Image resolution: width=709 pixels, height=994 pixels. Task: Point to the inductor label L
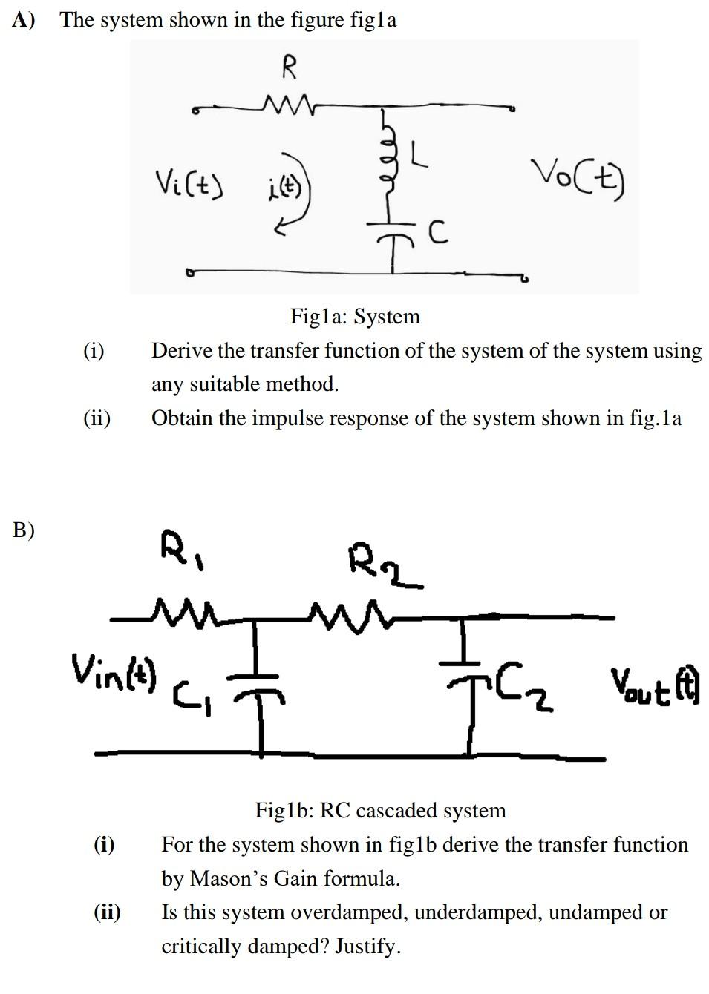click(x=419, y=155)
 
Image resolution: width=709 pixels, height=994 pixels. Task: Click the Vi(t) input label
click(x=190, y=181)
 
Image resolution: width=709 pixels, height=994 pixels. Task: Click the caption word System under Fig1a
click(x=387, y=317)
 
